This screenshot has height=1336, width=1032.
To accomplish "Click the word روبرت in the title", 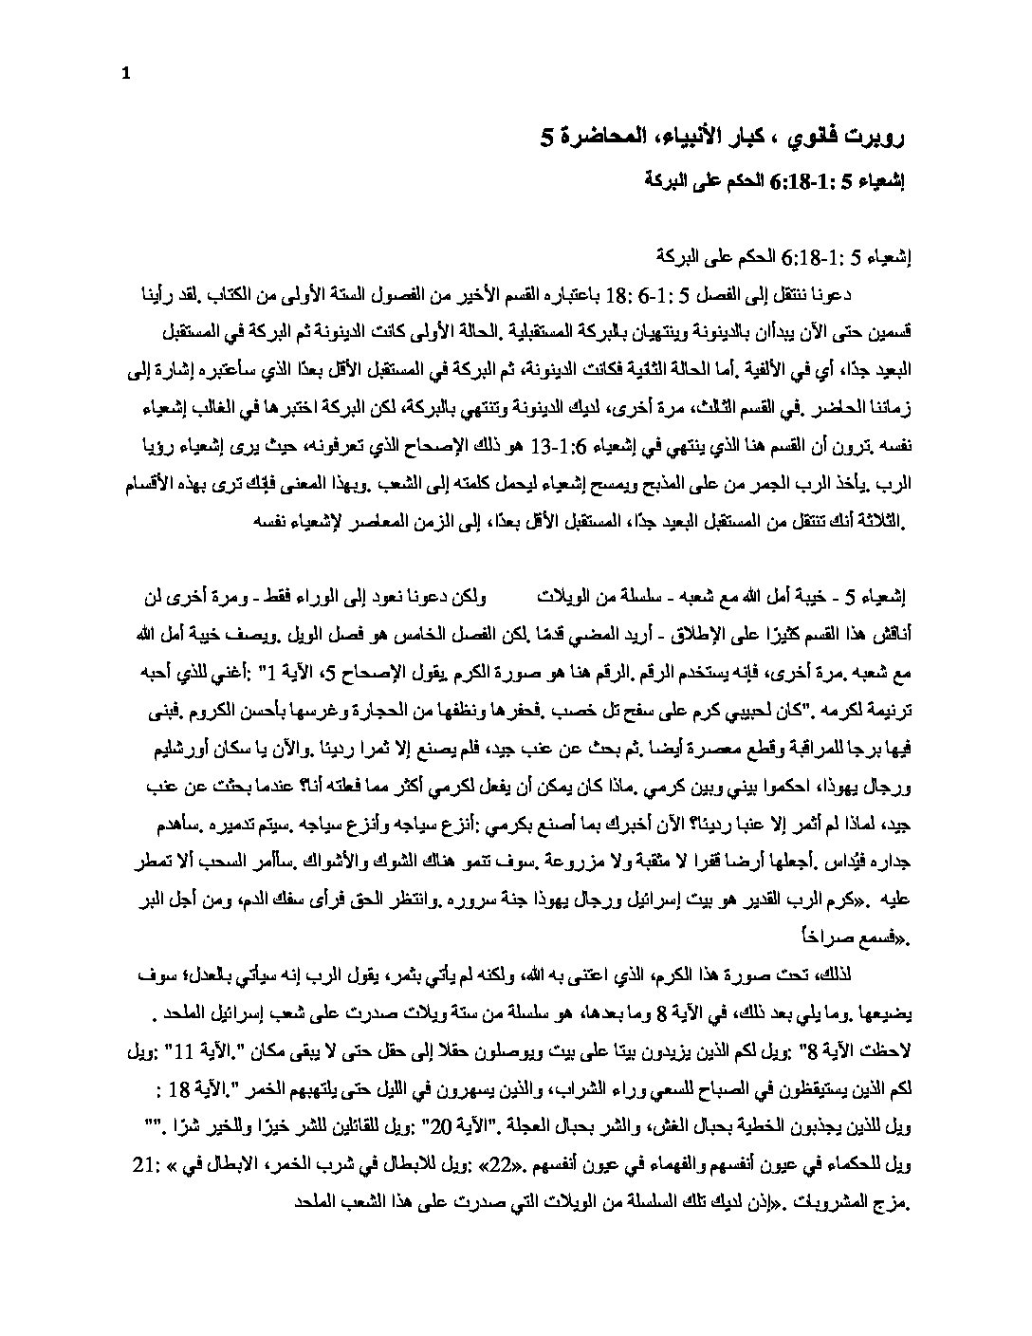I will (881, 139).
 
